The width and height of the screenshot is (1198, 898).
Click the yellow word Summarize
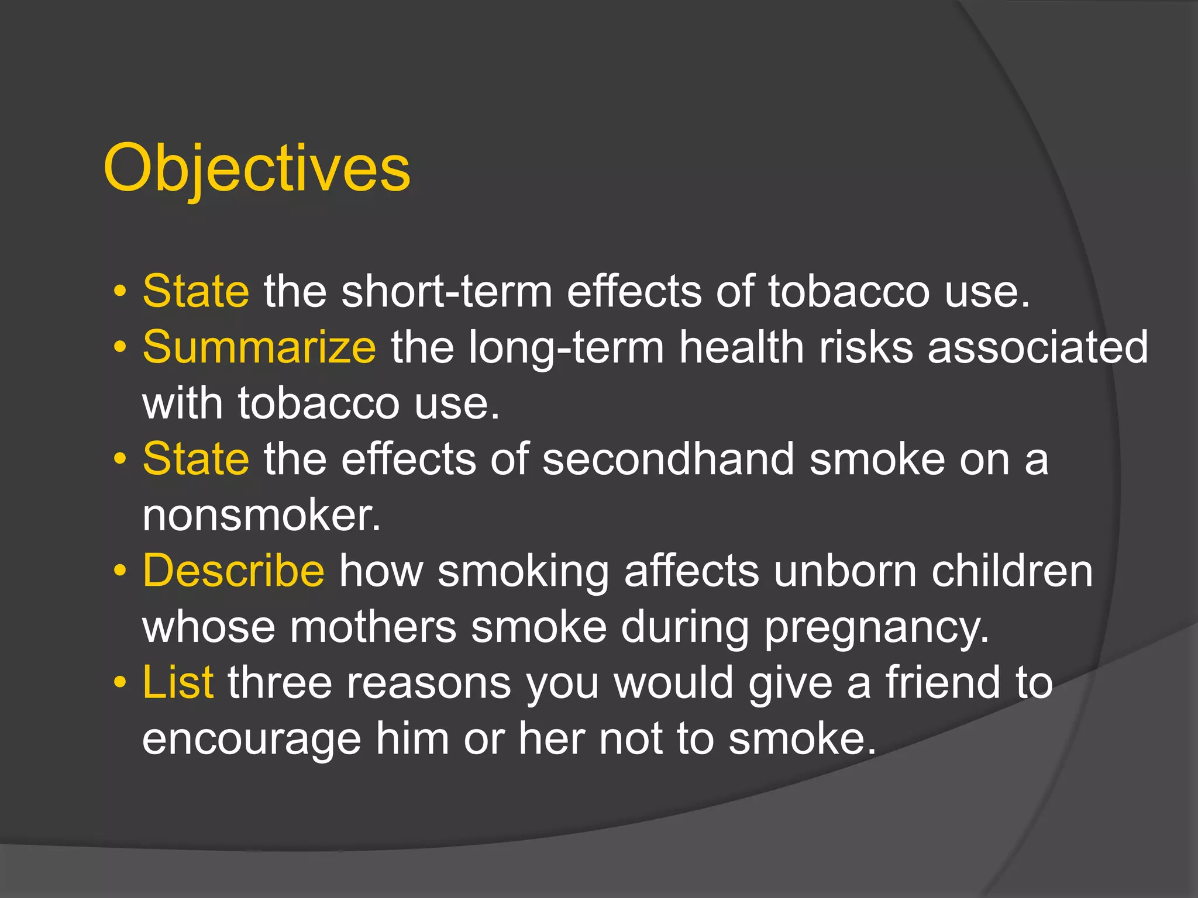point(259,347)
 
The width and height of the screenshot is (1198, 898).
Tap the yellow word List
point(178,682)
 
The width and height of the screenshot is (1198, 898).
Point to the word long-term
point(566,348)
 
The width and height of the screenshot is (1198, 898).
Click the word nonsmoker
point(261,516)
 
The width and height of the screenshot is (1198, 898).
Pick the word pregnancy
point(876,628)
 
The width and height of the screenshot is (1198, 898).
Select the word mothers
point(373,627)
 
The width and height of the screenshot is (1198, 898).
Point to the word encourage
point(252,740)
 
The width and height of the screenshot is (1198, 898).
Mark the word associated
point(1038,347)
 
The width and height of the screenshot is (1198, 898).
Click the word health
point(741,347)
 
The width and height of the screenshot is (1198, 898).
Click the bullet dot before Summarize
point(120,347)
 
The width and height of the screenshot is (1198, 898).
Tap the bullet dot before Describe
point(120,571)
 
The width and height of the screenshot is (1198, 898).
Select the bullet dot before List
point(120,682)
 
